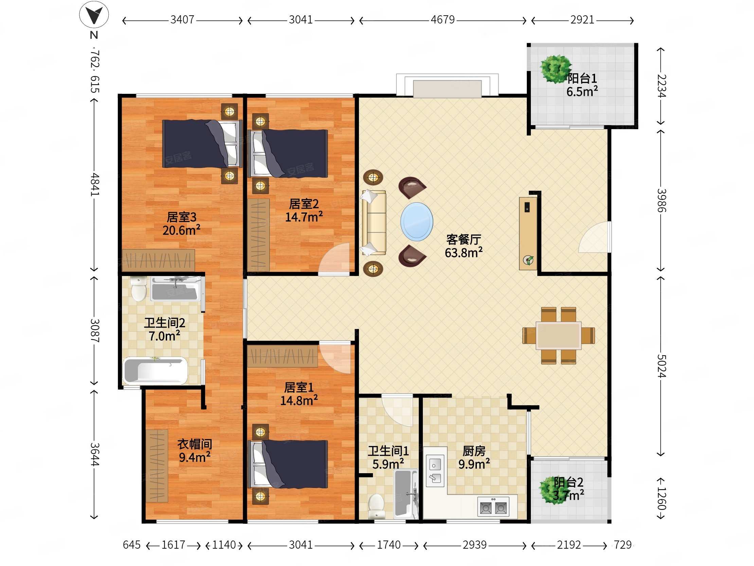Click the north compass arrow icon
click(x=94, y=15)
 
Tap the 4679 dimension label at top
click(x=443, y=20)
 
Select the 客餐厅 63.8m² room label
click(x=464, y=246)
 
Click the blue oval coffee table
click(x=416, y=221)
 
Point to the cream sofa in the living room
click(x=374, y=222)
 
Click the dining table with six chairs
click(x=558, y=336)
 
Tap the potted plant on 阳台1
click(x=556, y=69)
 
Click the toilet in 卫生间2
click(x=139, y=289)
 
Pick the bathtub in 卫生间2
click(x=156, y=370)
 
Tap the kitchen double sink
click(x=435, y=471)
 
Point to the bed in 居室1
click(x=288, y=464)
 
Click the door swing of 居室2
click(x=334, y=259)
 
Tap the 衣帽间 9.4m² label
click(x=195, y=450)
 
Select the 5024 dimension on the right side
click(x=661, y=366)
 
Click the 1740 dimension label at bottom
click(x=389, y=545)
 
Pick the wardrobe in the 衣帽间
click(x=157, y=466)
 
